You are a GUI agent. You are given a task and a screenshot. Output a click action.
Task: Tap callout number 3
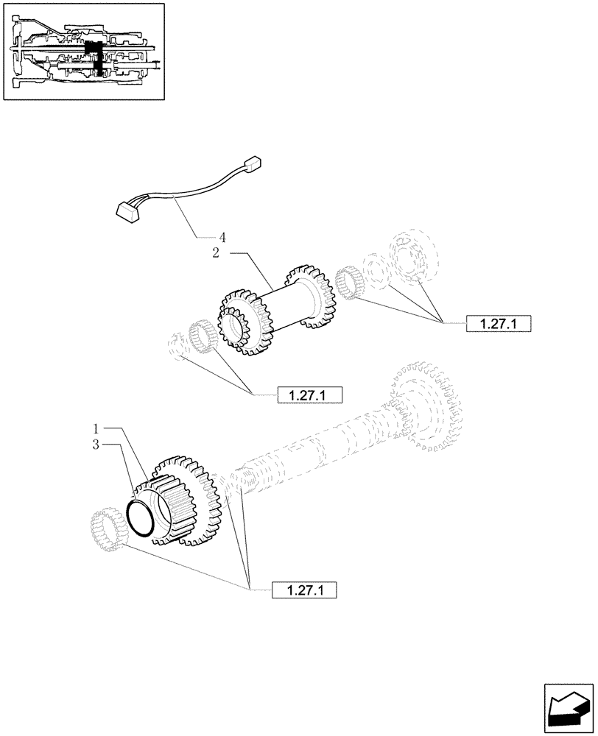point(96,444)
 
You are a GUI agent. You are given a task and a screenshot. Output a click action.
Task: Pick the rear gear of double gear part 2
point(310,295)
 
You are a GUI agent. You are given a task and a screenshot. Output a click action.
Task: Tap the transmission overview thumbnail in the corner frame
point(82,51)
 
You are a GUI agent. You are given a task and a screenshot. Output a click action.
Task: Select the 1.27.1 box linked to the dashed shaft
point(304,590)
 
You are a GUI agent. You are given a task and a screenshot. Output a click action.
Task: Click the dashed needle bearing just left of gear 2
point(200,338)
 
